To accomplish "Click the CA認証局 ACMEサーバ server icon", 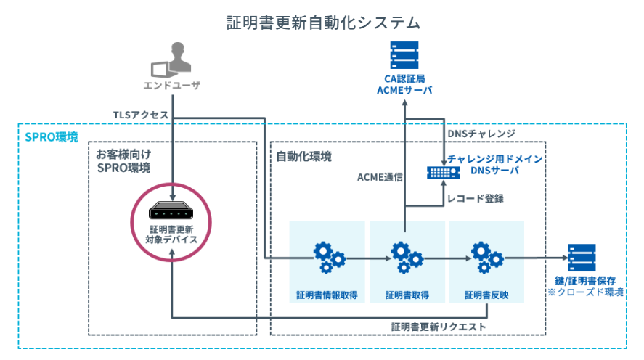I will pyautogui.click(x=404, y=56).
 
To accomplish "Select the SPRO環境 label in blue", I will pyautogui.click(x=52, y=136).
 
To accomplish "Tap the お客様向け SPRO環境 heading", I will pyautogui.click(x=123, y=162).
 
